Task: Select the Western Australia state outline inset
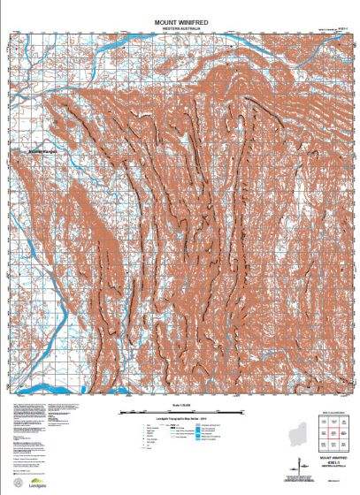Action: click(300, 438)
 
